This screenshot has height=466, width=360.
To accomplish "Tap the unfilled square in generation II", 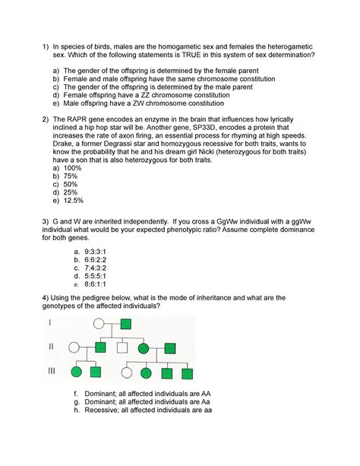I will click(122, 348).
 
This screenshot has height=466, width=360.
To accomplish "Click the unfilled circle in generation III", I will click(127, 373).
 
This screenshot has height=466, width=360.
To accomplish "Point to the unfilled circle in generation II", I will click(74, 348).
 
